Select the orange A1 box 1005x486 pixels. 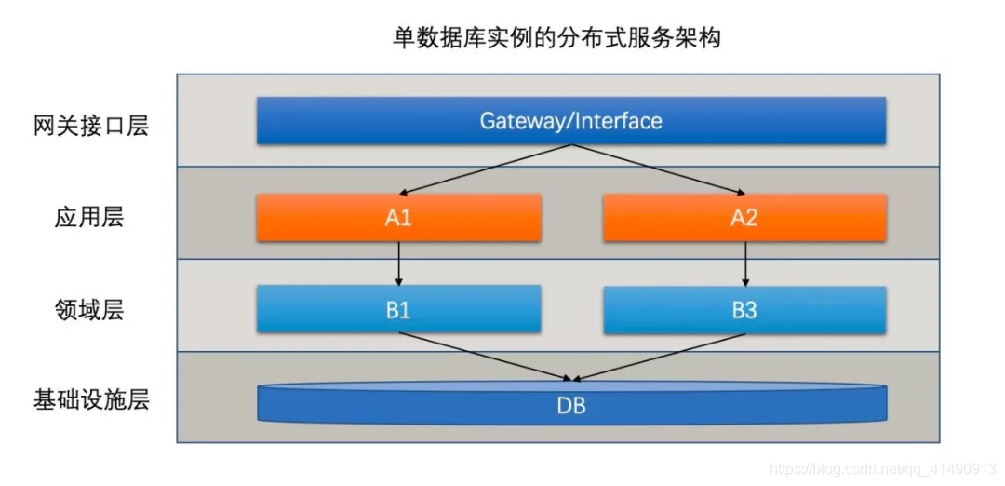coord(398,218)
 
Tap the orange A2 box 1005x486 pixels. coord(744,218)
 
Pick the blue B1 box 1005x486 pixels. coord(398,310)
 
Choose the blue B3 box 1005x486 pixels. coord(744,310)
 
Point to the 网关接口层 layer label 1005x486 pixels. coord(91,126)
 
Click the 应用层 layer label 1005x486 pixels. coord(89,218)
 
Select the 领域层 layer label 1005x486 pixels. coord(89,310)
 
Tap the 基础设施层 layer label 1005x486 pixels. coord(91,401)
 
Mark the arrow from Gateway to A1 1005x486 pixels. coord(484,169)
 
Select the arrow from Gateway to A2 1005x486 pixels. coord(656,169)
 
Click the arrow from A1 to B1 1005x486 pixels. coord(398,263)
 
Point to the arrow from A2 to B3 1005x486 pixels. coord(744,263)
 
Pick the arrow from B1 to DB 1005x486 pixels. coord(484,357)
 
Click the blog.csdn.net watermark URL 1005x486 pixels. coord(884,468)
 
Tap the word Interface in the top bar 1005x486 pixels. coord(618,121)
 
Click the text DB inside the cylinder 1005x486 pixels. coord(571,407)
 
